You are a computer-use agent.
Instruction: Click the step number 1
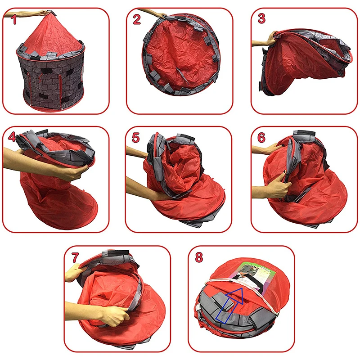click(x=14, y=19)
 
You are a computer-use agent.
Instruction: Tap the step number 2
click(x=137, y=19)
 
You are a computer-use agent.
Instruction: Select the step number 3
click(x=261, y=18)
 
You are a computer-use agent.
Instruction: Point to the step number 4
click(x=12, y=137)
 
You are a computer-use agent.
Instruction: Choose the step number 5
click(x=136, y=138)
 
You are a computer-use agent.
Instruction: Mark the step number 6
click(x=261, y=138)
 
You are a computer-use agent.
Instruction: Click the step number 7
click(x=75, y=257)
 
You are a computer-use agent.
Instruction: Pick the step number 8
click(x=199, y=257)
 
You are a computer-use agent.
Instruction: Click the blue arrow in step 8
click(x=229, y=306)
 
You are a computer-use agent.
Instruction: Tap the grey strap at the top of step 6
click(x=304, y=133)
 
